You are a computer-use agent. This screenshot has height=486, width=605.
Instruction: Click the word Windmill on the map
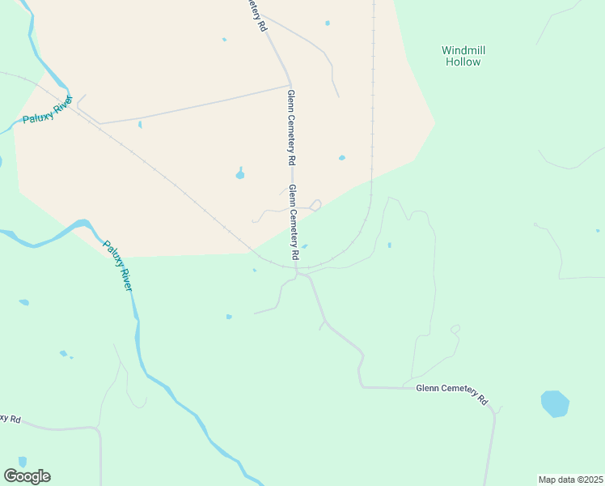click(463, 50)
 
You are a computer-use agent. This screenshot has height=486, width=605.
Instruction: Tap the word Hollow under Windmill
click(463, 62)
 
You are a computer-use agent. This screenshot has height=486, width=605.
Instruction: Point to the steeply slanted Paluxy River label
click(118, 266)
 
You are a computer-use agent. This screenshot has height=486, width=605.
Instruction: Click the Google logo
click(27, 476)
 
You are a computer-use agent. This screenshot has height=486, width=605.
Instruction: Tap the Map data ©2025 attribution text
click(570, 479)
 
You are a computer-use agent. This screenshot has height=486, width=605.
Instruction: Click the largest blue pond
click(555, 403)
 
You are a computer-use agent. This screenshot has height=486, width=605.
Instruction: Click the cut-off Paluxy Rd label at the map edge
click(10, 418)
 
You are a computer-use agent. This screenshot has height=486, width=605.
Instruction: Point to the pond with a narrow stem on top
click(240, 173)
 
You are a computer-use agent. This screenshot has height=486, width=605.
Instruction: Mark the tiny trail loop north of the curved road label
click(455, 329)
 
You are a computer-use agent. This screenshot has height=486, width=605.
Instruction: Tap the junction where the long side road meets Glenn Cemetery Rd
click(290, 85)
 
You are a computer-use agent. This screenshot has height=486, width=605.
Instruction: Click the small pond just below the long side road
click(140, 125)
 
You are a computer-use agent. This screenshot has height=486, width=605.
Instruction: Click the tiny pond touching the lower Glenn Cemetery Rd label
click(305, 246)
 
